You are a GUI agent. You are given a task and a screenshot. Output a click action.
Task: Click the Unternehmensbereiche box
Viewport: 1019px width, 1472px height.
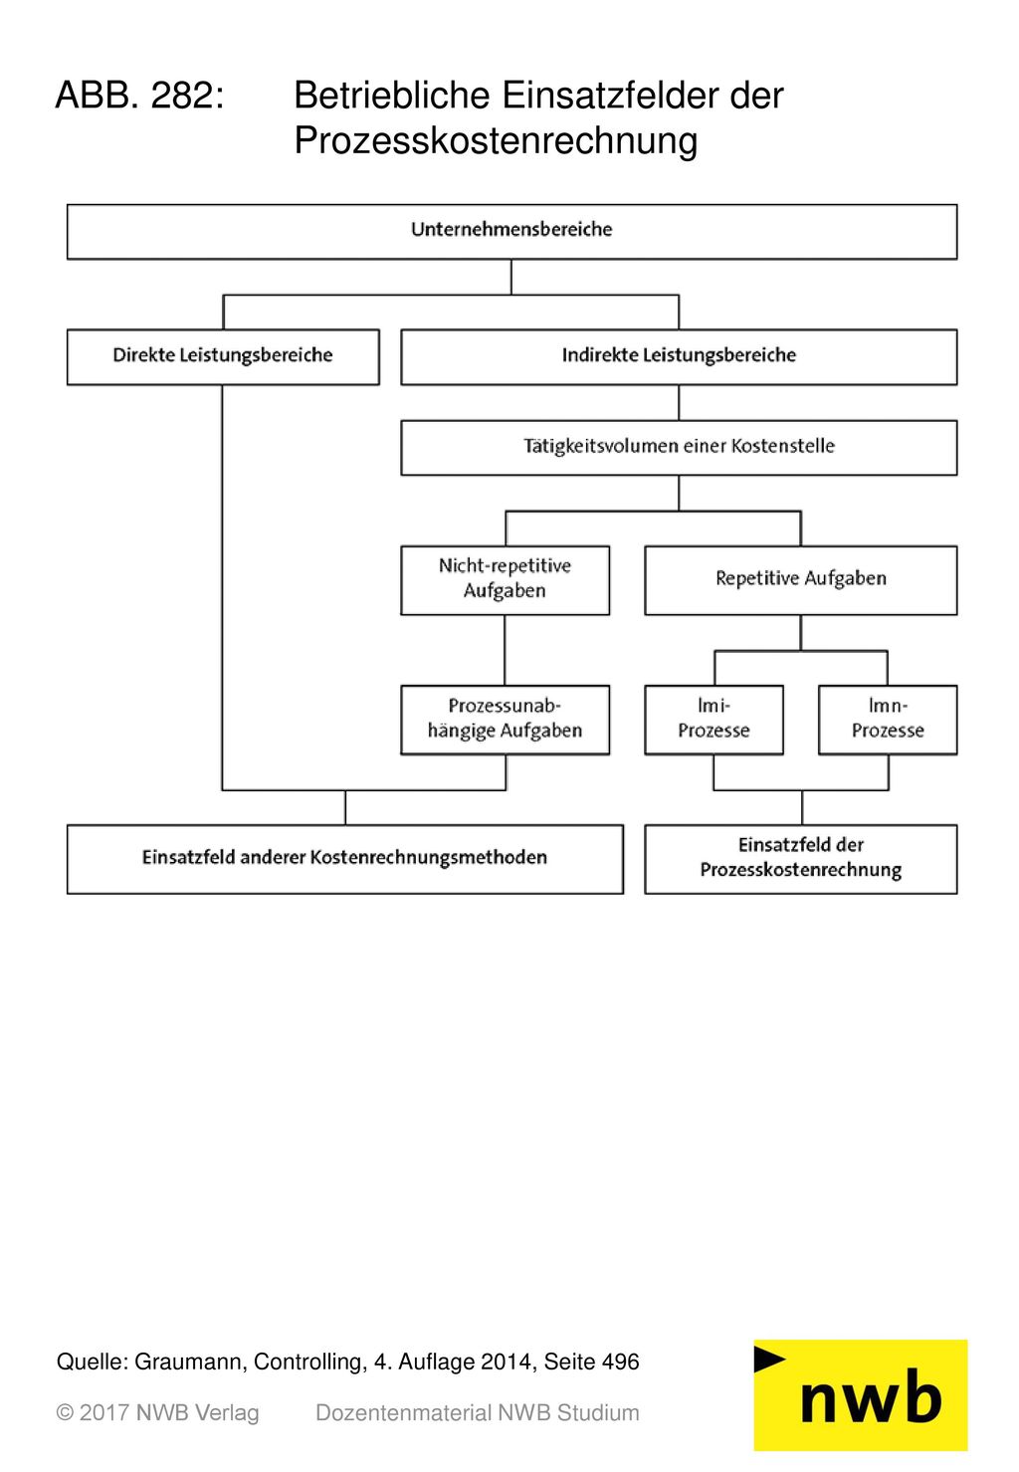(x=511, y=231)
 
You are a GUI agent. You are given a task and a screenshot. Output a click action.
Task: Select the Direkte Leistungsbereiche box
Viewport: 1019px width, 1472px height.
(x=223, y=357)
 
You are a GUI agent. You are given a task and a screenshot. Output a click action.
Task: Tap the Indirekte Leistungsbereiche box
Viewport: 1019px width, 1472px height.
(x=679, y=357)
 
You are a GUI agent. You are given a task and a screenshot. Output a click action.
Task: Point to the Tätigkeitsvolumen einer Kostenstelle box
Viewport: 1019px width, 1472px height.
(x=679, y=448)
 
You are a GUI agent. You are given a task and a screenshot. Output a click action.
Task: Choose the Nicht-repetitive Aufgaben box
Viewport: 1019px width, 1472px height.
(x=505, y=580)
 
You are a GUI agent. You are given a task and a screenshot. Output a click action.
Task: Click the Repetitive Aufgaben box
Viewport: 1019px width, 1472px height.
(x=801, y=580)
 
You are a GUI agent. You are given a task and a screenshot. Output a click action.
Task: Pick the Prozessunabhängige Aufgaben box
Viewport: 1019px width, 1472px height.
(x=505, y=720)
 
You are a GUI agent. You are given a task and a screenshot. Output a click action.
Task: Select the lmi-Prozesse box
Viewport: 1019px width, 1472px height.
(x=713, y=720)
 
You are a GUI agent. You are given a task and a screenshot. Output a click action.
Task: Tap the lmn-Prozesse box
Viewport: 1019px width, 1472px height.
(x=888, y=720)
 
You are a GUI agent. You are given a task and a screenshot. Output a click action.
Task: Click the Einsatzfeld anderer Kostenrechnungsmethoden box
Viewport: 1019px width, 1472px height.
(x=345, y=859)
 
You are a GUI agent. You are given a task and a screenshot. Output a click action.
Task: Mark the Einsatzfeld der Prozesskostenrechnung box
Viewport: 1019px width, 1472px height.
(x=801, y=859)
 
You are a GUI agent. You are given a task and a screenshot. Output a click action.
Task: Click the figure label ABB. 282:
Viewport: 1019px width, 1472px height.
(x=140, y=95)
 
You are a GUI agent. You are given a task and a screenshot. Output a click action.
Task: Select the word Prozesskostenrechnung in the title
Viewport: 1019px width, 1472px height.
(x=496, y=140)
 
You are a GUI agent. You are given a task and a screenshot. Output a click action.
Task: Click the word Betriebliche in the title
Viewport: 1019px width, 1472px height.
(x=391, y=95)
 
